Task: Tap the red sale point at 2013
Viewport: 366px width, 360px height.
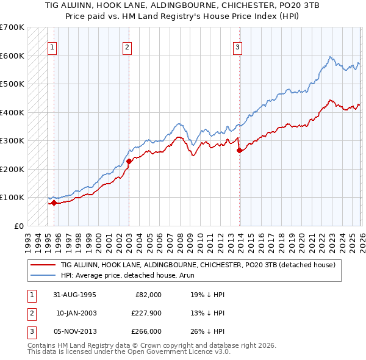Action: [x=240, y=150]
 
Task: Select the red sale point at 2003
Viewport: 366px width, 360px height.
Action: [x=129, y=161]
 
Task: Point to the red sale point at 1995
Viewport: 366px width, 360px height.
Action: [x=54, y=203]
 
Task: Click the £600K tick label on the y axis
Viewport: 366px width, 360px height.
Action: [x=12, y=56]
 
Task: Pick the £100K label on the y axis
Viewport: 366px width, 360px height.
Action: [x=12, y=198]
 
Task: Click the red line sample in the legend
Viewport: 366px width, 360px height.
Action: [x=42, y=265]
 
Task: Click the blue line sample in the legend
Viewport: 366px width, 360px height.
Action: [x=42, y=275]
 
